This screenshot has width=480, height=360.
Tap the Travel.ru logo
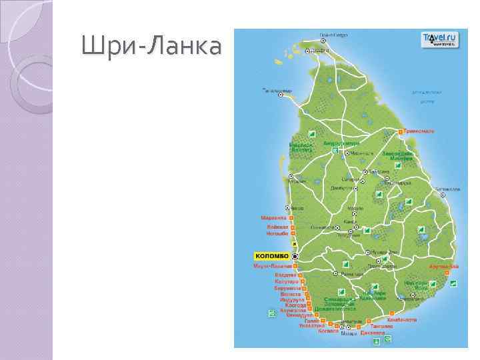pyautogui.click(x=439, y=39)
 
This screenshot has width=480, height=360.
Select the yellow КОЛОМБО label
pyautogui.click(x=271, y=256)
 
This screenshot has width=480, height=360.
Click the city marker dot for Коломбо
pyautogui.click(x=295, y=256)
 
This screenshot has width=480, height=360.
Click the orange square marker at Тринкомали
pyautogui.click(x=401, y=132)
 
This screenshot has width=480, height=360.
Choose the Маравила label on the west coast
pyautogui.click(x=273, y=218)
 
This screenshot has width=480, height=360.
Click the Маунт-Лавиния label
pyautogui.click(x=273, y=267)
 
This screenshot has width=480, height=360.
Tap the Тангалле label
pyautogui.click(x=382, y=327)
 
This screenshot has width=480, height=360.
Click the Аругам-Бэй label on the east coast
pyautogui.click(x=443, y=267)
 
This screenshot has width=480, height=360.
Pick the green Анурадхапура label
pyautogui.click(x=341, y=143)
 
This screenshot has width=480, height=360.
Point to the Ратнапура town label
pyautogui.click(x=351, y=274)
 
